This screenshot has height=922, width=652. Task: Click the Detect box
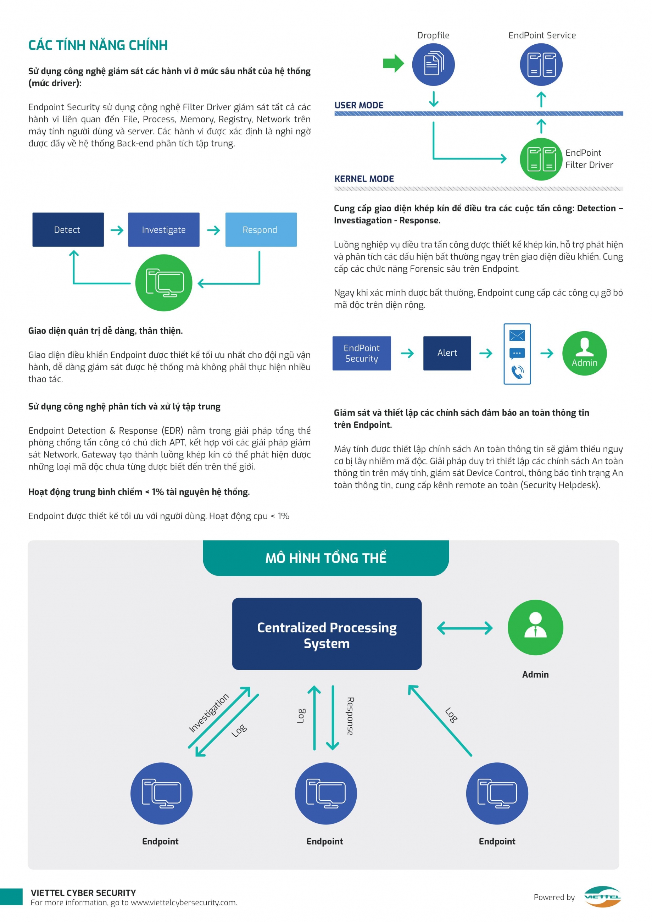click(68, 230)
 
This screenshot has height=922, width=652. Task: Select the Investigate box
click(164, 230)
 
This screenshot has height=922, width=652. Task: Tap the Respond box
click(261, 230)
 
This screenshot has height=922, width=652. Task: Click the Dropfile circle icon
click(433, 65)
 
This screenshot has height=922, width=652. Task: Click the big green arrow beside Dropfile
click(394, 63)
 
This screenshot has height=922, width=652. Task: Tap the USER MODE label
click(359, 105)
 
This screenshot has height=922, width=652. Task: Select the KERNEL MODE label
click(364, 179)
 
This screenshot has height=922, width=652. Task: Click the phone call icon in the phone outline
click(517, 372)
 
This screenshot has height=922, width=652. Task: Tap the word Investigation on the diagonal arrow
click(209, 713)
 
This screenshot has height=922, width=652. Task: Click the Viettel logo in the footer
click(602, 897)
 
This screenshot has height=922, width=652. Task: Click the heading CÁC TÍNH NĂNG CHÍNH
click(98, 45)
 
